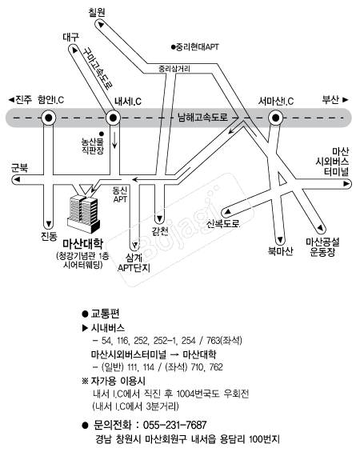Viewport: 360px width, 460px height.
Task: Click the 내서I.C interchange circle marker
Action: tap(113, 118)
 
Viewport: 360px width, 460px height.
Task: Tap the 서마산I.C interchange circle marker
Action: tap(275, 118)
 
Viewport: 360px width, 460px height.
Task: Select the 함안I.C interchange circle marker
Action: tap(49, 118)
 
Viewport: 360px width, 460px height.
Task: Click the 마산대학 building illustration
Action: tap(84, 214)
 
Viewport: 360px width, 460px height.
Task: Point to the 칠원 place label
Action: tap(97, 12)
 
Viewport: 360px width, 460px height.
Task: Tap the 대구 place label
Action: tap(71, 38)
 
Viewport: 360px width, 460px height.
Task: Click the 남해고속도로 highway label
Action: tap(202, 118)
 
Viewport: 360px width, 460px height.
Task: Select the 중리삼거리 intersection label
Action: tap(174, 69)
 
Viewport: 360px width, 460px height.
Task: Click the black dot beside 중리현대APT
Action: tap(173, 47)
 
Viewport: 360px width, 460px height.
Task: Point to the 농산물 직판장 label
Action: tap(93, 146)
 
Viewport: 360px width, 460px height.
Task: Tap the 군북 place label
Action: tap(19, 168)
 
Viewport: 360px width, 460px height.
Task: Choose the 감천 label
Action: tap(160, 231)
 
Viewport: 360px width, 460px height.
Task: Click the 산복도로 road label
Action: tap(223, 224)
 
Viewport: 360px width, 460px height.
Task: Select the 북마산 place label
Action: tap(281, 251)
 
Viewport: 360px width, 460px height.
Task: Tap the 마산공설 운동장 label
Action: tap(322, 247)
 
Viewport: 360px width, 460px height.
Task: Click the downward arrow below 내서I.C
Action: tap(114, 140)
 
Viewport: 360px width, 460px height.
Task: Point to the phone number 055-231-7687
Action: tap(175, 425)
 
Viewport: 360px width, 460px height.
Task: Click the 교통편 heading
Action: tap(106, 314)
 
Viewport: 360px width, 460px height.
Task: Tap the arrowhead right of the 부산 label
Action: tap(346, 100)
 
